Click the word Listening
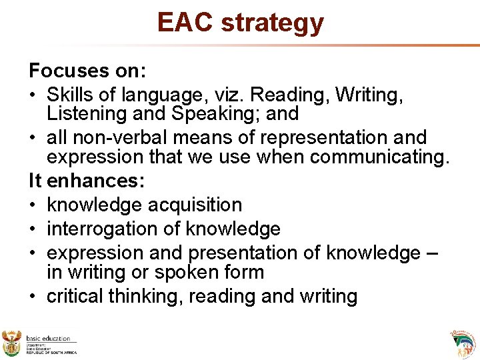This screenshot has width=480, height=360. (x=87, y=114)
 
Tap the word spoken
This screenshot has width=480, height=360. (x=189, y=272)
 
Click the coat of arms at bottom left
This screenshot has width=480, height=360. (x=12, y=343)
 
